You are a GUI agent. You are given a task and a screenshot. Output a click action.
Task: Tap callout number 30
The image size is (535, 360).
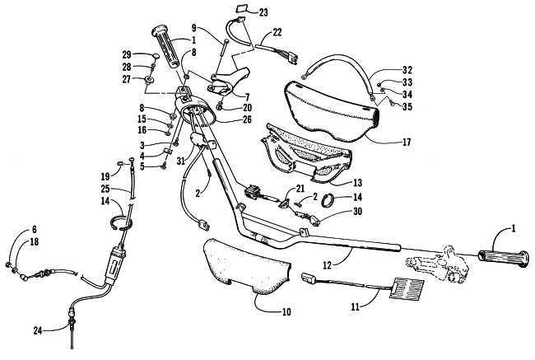tap(356, 213)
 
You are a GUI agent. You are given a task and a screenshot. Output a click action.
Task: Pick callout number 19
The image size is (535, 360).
tap(105, 175)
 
